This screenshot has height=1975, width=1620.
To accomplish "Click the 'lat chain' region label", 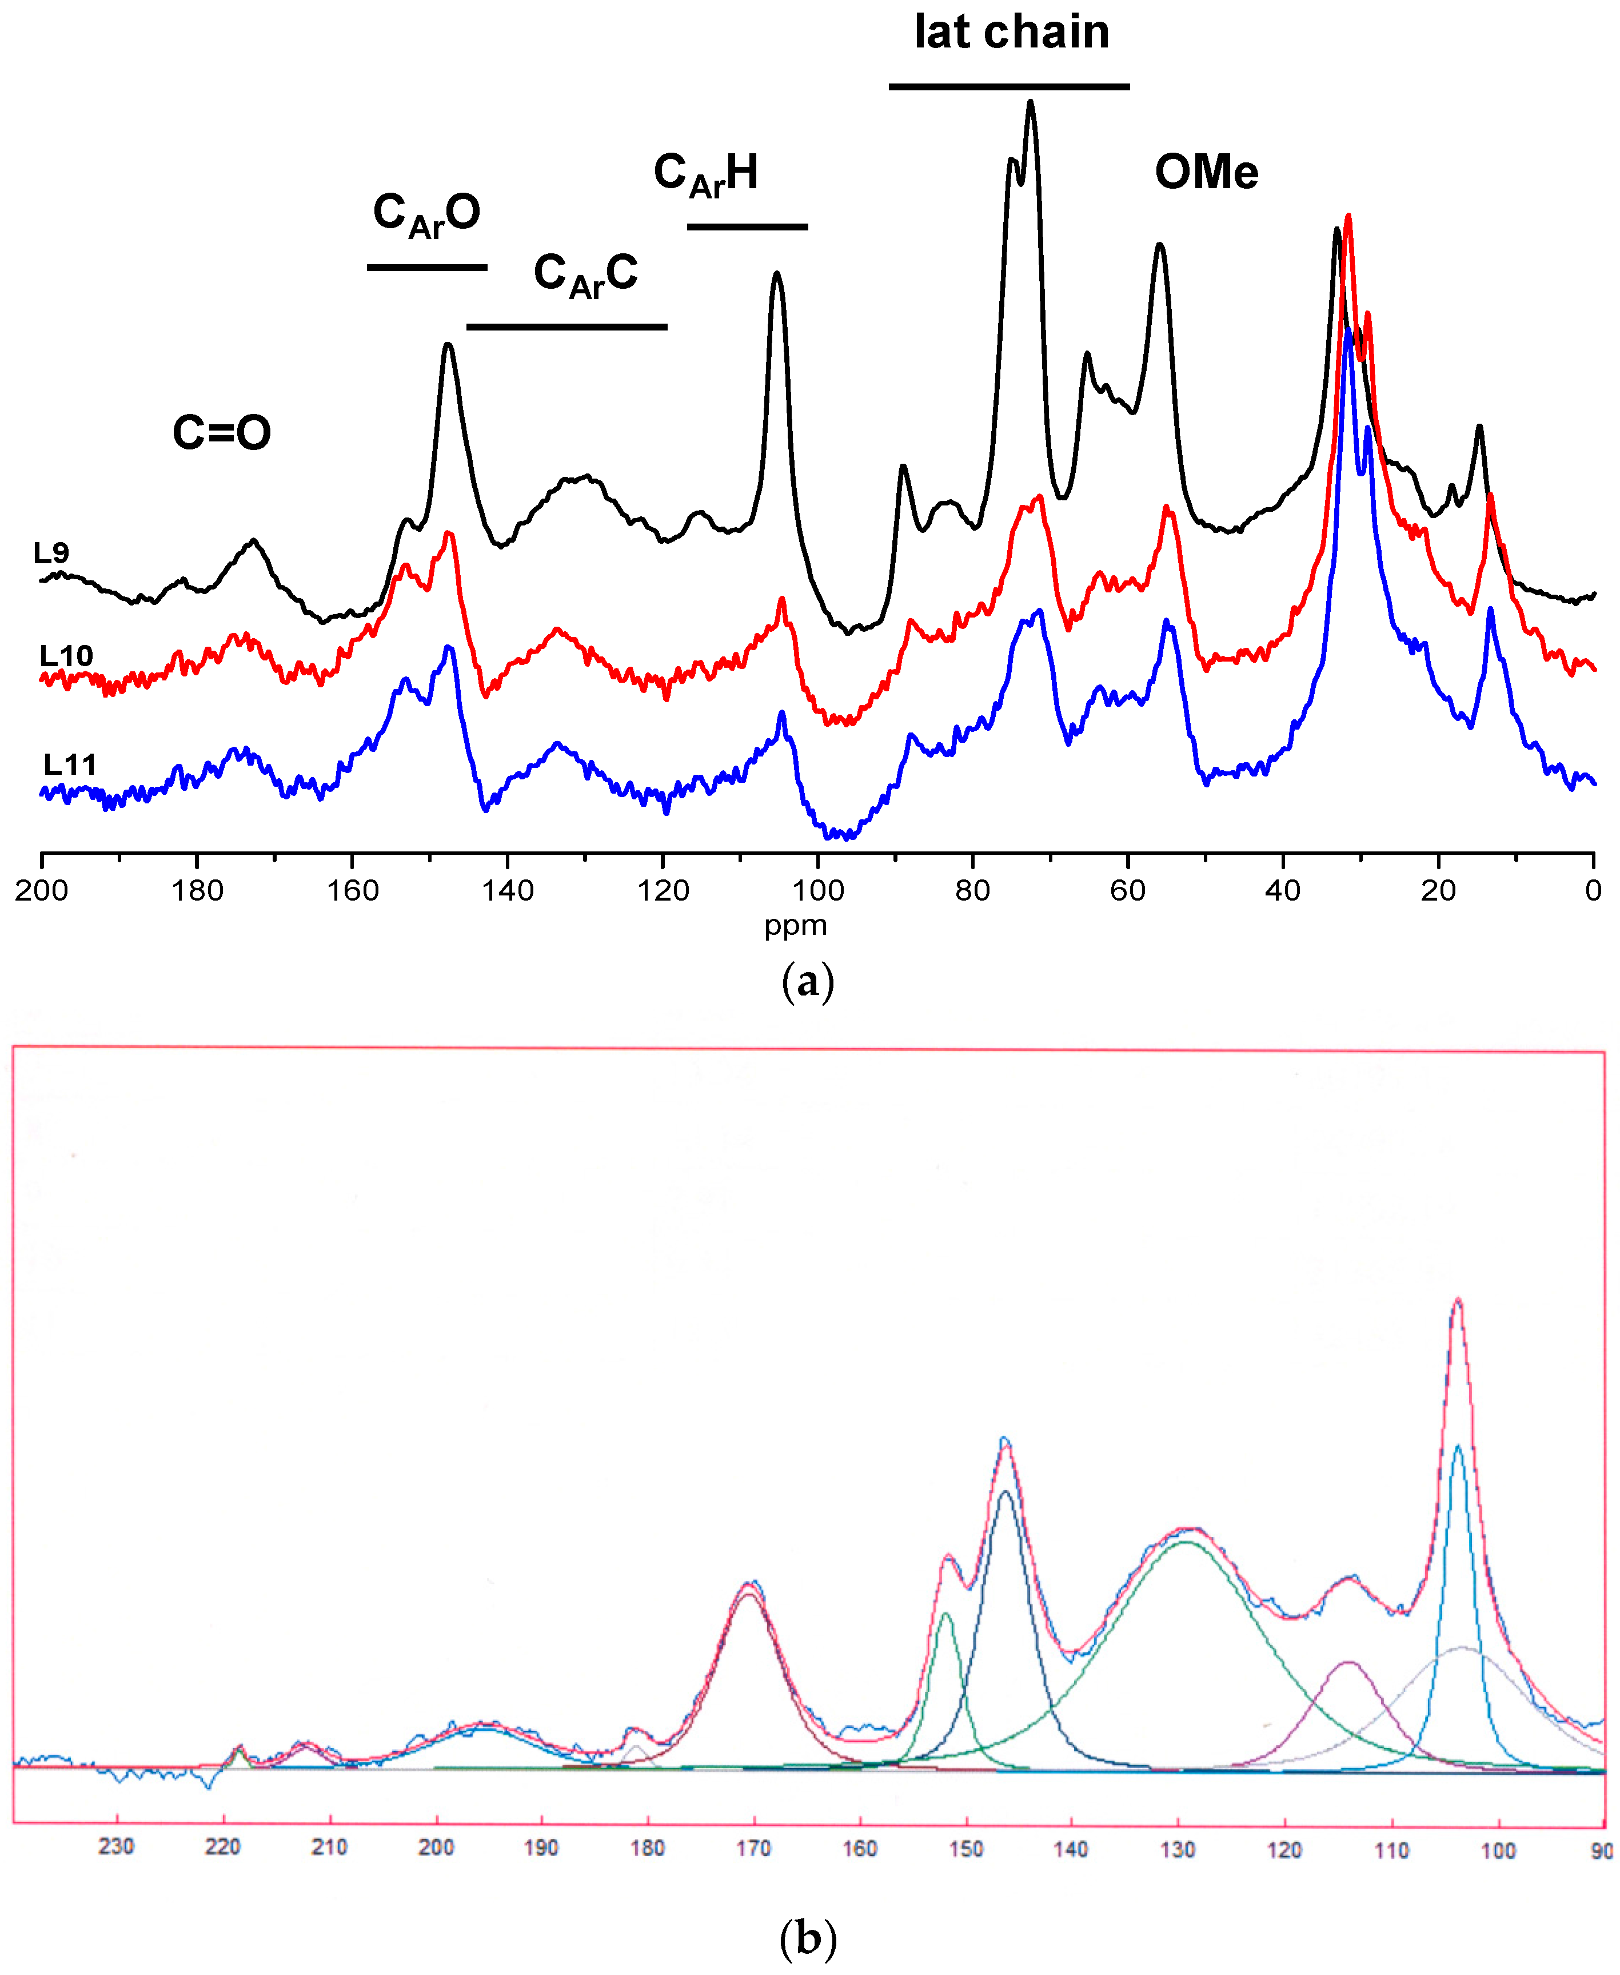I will click(x=1012, y=33).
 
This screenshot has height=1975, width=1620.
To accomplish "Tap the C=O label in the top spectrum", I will click(x=222, y=433).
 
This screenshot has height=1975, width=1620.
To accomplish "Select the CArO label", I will click(x=426, y=214).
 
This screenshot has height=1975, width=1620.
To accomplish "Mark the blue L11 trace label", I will click(x=70, y=766).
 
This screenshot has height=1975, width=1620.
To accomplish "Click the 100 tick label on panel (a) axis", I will click(x=817, y=890).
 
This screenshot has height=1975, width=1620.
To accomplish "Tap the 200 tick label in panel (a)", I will click(x=41, y=890).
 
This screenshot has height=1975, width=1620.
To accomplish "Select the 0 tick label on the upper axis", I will click(x=1593, y=890).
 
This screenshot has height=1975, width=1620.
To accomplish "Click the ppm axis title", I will click(x=795, y=926).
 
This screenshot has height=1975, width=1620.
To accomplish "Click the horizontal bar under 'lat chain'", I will click(x=1009, y=87).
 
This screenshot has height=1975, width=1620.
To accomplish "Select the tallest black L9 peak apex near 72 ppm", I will click(x=1030, y=103).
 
